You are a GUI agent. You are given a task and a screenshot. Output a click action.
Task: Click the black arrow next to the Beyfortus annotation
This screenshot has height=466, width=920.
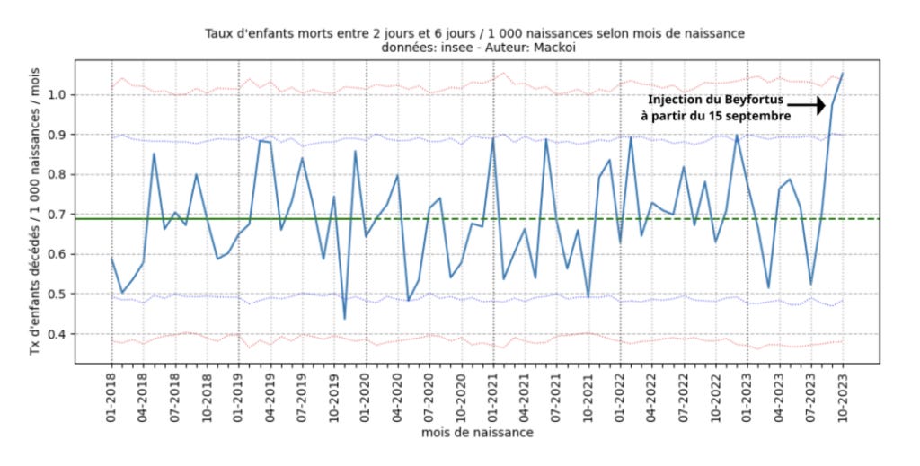[807, 106]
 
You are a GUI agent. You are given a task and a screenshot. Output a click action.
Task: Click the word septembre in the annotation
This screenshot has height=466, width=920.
[759, 116]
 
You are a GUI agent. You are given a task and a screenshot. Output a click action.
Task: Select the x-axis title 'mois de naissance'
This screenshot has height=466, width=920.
[477, 433]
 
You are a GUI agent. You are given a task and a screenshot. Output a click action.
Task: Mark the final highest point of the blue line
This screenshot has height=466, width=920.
[843, 74]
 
